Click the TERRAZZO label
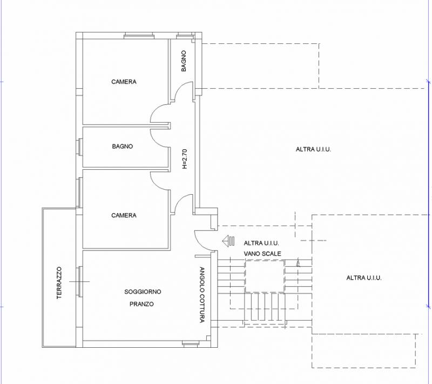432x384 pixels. coord(59,282)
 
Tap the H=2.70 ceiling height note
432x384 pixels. coord(184,158)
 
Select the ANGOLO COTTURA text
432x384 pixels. coord(202,295)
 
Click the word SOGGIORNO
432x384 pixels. coord(143,292)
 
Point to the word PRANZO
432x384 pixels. coord(141,304)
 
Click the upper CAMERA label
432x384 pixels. coord(124,82)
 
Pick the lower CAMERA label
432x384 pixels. coord(124,215)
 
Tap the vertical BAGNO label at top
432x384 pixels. coord(184,61)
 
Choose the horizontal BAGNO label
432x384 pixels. coord(123,146)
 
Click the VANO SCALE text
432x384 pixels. coord(262,254)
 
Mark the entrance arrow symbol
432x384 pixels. coord(228,241)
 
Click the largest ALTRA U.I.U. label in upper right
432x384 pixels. coord(313,149)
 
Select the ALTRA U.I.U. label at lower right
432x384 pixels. coord(363,278)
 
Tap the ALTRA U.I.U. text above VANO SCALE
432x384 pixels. coord(261,243)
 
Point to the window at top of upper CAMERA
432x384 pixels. coord(139,35)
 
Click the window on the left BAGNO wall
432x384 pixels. coord(79,147)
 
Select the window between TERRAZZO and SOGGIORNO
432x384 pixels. coord(79,281)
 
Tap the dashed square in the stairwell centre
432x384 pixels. coord(265,276)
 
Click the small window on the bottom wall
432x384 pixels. coord(191,343)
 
